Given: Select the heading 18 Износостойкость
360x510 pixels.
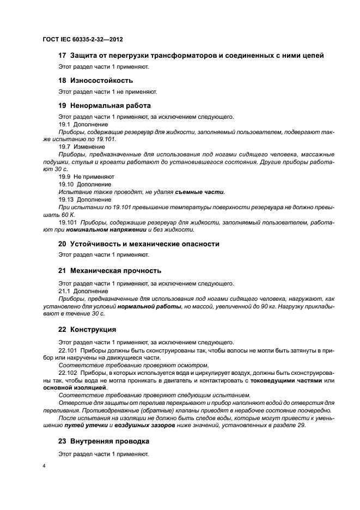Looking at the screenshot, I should tap(95, 80).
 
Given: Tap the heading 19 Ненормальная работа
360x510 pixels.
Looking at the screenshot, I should tap(105, 105).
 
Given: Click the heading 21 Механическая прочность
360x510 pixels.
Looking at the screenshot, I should tap(109, 271).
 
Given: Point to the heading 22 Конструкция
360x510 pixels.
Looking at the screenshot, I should tap(89, 330).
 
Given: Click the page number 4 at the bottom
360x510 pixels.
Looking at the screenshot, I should tap(44, 466).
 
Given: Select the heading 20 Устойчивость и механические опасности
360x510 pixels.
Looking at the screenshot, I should tap(139, 244).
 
